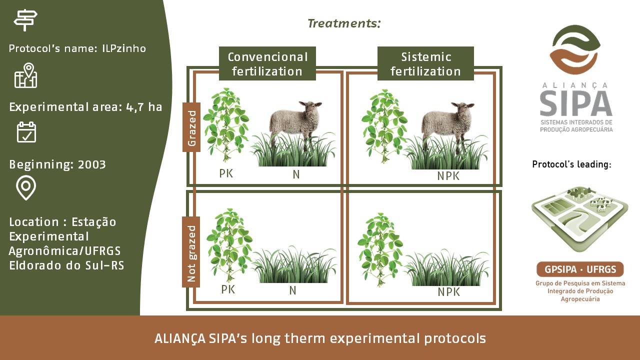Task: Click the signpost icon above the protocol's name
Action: pyautogui.click(x=25, y=20)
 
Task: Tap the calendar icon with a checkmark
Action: pyautogui.click(x=26, y=132)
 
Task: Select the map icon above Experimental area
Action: pyautogui.click(x=25, y=75)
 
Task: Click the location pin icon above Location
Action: pyautogui.click(x=26, y=187)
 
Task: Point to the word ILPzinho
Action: pyautogui.click(x=124, y=48)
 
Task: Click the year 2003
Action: pyautogui.click(x=91, y=164)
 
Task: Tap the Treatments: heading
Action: pyautogui.click(x=344, y=23)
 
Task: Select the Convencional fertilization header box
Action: pyautogui.click(x=267, y=63)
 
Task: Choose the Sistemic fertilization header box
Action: pyautogui.click(x=425, y=63)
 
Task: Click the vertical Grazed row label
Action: pyautogui.click(x=191, y=127)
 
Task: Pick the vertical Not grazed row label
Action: pyautogui.click(x=191, y=252)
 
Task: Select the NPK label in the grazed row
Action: pyautogui.click(x=448, y=176)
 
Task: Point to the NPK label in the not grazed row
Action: pyautogui.click(x=449, y=292)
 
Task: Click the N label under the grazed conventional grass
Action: pyautogui.click(x=296, y=174)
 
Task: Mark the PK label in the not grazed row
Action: pyautogui.click(x=228, y=289)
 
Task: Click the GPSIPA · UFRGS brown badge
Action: pyautogui.click(x=580, y=269)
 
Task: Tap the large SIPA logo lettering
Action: pyautogui.click(x=576, y=103)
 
